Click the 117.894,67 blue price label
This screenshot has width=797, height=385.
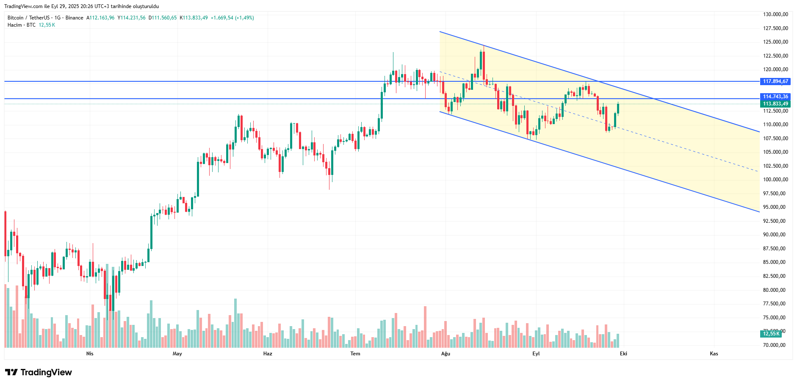click(x=775, y=81)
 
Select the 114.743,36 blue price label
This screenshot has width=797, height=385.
click(x=775, y=97)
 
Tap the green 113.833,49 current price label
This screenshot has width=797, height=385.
click(x=775, y=104)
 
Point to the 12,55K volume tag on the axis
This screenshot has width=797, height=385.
click(x=771, y=334)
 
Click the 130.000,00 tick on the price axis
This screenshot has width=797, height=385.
click(x=775, y=14)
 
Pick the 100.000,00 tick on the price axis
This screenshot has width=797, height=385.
click(x=775, y=180)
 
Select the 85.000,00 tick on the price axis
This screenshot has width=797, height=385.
click(x=775, y=262)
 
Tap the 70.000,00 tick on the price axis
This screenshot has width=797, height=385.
click(x=775, y=345)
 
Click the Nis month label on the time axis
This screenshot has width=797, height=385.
click(x=90, y=354)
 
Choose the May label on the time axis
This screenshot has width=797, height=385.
click(x=177, y=354)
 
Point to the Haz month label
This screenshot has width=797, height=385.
click(x=268, y=354)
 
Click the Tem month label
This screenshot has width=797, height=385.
click(x=355, y=354)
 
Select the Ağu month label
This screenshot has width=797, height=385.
click(x=446, y=354)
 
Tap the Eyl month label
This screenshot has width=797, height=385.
click(x=536, y=354)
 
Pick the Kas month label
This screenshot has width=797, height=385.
click(x=714, y=354)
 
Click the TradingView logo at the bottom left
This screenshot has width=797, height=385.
click(x=39, y=372)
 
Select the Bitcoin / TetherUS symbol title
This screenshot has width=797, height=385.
click(x=28, y=18)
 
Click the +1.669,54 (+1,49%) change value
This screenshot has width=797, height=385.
click(x=232, y=18)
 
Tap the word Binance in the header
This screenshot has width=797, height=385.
click(x=75, y=18)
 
